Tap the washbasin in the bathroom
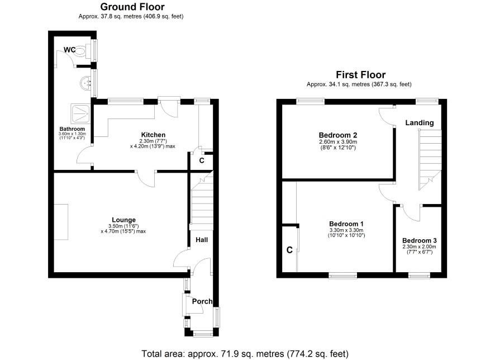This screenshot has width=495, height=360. click(x=85, y=83)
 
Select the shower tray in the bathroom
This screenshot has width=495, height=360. click(x=81, y=113)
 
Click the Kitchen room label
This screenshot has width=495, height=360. click(x=153, y=135)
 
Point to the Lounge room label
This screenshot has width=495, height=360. click(x=124, y=220)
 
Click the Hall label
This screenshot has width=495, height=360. click(x=202, y=240)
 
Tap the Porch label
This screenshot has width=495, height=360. click(x=202, y=301)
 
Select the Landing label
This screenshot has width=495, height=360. click(x=419, y=122)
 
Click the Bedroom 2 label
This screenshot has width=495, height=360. click(x=338, y=135)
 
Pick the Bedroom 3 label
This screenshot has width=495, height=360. click(x=419, y=240)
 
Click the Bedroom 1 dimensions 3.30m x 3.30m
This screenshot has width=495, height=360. click(x=346, y=230)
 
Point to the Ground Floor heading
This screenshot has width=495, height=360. click(x=132, y=7)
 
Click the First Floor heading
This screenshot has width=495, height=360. click(x=360, y=75)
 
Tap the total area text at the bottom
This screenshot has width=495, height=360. click(x=245, y=354)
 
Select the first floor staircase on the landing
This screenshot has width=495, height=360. click(x=430, y=160)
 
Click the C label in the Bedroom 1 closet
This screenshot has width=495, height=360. click(x=289, y=250)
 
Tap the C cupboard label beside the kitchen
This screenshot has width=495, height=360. click(x=202, y=160)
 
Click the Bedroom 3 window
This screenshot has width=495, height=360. click(x=419, y=276)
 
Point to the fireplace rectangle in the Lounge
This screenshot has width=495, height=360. click(x=61, y=222)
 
